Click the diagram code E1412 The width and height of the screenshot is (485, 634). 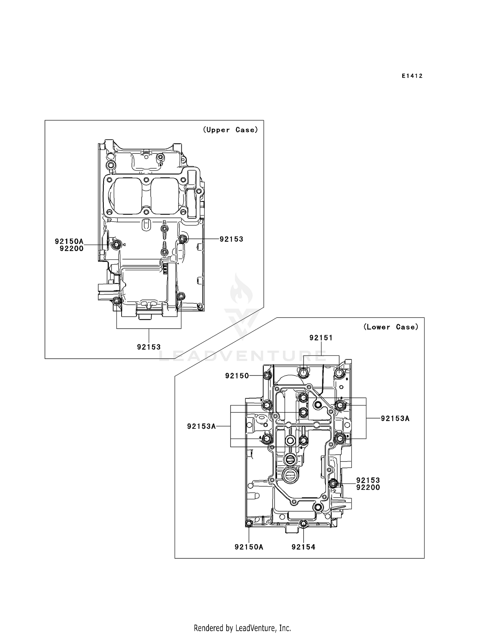pyautogui.click(x=412, y=76)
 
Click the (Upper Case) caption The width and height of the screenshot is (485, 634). pyautogui.click(x=230, y=130)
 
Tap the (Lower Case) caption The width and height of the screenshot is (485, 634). pyautogui.click(x=391, y=327)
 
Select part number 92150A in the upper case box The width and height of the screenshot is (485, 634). pyautogui.click(x=69, y=241)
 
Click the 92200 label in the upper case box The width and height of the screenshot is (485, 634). pyautogui.click(x=71, y=248)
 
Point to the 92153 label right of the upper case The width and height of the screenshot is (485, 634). pyautogui.click(x=231, y=239)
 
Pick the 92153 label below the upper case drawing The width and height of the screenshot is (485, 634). pyautogui.click(x=149, y=347)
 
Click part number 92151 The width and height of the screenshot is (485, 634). pyautogui.click(x=321, y=338)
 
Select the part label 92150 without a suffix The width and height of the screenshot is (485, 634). pyautogui.click(x=237, y=376)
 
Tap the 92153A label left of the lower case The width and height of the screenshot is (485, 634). pyautogui.click(x=201, y=427)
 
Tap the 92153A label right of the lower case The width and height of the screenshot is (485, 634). pyautogui.click(x=395, y=419)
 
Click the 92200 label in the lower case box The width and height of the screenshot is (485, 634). pyautogui.click(x=368, y=488)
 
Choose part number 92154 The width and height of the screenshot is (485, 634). pyautogui.click(x=303, y=547)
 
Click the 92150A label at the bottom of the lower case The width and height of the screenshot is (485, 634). pyautogui.click(x=249, y=547)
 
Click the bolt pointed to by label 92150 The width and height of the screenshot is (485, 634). pyautogui.click(x=267, y=375)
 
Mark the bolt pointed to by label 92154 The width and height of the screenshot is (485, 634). pyautogui.click(x=303, y=523)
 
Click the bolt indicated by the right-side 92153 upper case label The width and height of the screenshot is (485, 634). pyautogui.click(x=183, y=239)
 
